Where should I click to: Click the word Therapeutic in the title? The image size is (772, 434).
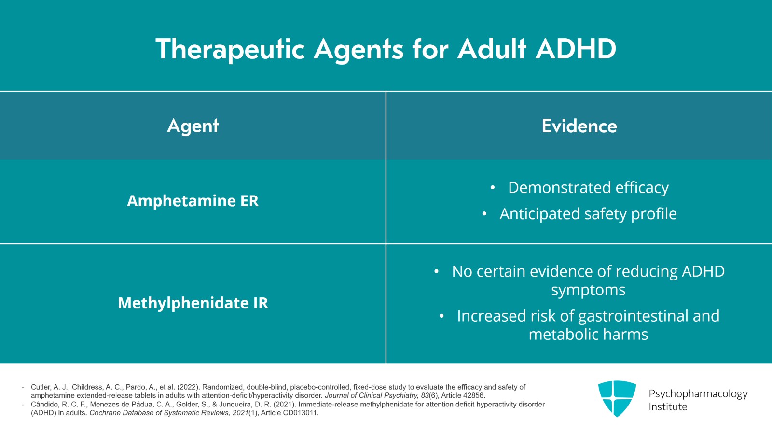click(230, 49)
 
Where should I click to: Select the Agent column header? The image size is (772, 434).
click(193, 126)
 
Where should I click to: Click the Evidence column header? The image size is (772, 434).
click(579, 126)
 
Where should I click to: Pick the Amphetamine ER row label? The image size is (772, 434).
click(193, 201)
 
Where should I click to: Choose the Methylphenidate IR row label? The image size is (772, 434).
click(193, 303)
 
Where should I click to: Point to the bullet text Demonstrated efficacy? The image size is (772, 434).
click(588, 187)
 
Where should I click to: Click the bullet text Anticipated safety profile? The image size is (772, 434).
click(588, 214)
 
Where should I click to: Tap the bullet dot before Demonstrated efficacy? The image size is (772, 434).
click(492, 187)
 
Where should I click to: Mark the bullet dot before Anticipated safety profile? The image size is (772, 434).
click(484, 214)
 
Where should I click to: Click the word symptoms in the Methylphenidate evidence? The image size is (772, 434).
click(588, 290)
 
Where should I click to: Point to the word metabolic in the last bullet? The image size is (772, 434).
click(561, 335)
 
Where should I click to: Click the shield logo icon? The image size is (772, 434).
click(617, 398)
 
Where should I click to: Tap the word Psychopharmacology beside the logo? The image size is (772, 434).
click(698, 393)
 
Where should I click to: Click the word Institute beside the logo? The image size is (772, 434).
click(668, 406)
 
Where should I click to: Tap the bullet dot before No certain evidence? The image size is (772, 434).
click(436, 272)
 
